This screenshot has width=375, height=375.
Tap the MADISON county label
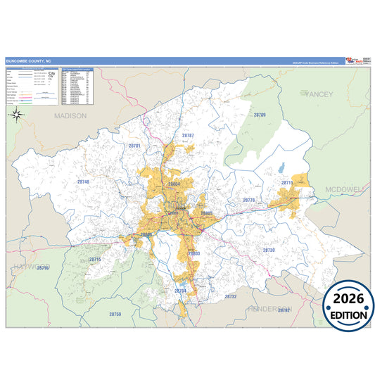point(70,115)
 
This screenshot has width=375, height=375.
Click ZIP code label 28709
point(260,114)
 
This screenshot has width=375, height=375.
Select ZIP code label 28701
point(134,146)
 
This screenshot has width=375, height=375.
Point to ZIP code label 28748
point(83,182)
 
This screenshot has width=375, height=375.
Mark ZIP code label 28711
point(287,182)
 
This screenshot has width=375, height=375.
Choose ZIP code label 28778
point(248,201)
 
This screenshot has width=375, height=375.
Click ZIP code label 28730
point(269,250)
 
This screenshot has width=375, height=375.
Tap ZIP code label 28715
point(95,260)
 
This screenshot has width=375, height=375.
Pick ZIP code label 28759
point(115,314)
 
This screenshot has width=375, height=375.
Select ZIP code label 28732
point(231,296)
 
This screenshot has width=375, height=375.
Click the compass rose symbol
point(19,117)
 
